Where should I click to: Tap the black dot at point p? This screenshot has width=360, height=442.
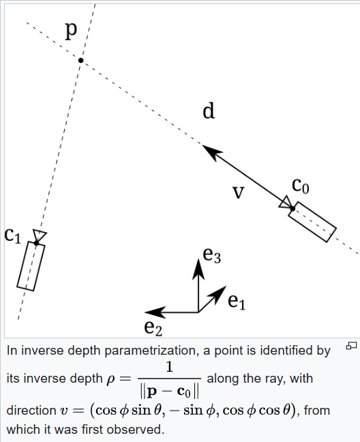point(80,61)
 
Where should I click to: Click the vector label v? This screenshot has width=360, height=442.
point(238,193)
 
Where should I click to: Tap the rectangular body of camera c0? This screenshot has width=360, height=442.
point(312,222)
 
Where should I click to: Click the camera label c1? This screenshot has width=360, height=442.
point(13,235)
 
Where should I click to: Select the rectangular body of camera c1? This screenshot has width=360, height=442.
point(31,266)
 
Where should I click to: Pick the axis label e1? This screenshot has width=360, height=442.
point(236,300)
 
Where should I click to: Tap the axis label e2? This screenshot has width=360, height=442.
point(153,327)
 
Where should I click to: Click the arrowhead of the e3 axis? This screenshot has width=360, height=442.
point(198,268)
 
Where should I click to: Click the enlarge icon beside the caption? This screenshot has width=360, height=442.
point(352,347)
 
